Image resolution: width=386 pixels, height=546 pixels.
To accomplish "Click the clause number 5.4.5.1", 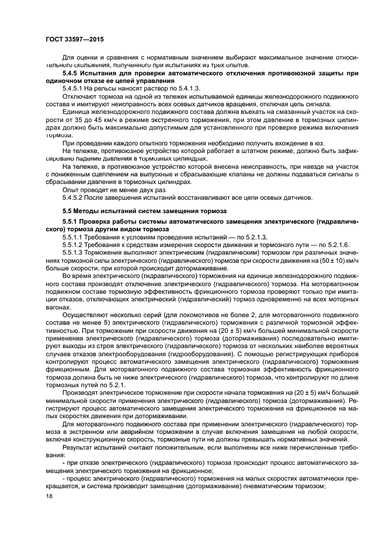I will coord(75,87).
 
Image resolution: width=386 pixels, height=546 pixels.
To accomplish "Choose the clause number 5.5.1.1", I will coord(75,238).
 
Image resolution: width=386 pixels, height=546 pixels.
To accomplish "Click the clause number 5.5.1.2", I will coord(75,245).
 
